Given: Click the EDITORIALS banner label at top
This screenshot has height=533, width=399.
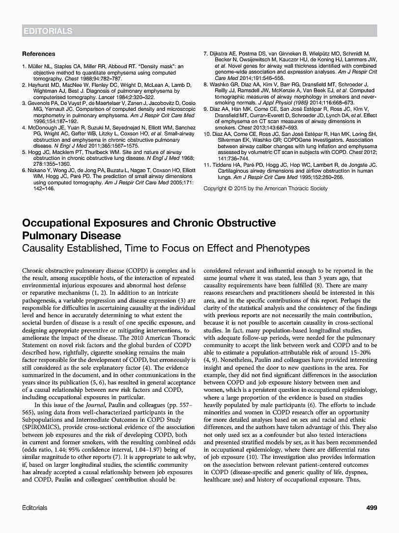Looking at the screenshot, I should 48,31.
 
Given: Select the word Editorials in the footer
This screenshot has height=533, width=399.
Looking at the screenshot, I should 35,508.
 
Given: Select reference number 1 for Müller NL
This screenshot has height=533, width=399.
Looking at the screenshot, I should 24,66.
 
